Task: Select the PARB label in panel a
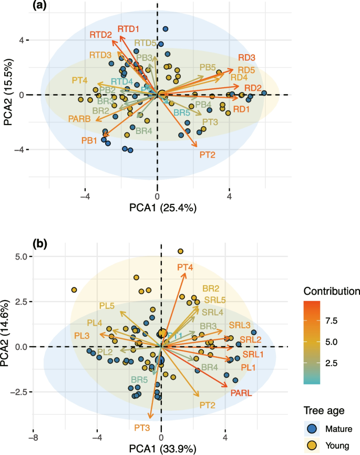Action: click(80, 120)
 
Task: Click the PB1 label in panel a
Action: click(89, 140)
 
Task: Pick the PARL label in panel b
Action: click(242, 393)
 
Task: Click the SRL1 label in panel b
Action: click(252, 355)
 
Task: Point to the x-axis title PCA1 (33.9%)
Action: click(161, 448)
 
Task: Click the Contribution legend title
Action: click(331, 291)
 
